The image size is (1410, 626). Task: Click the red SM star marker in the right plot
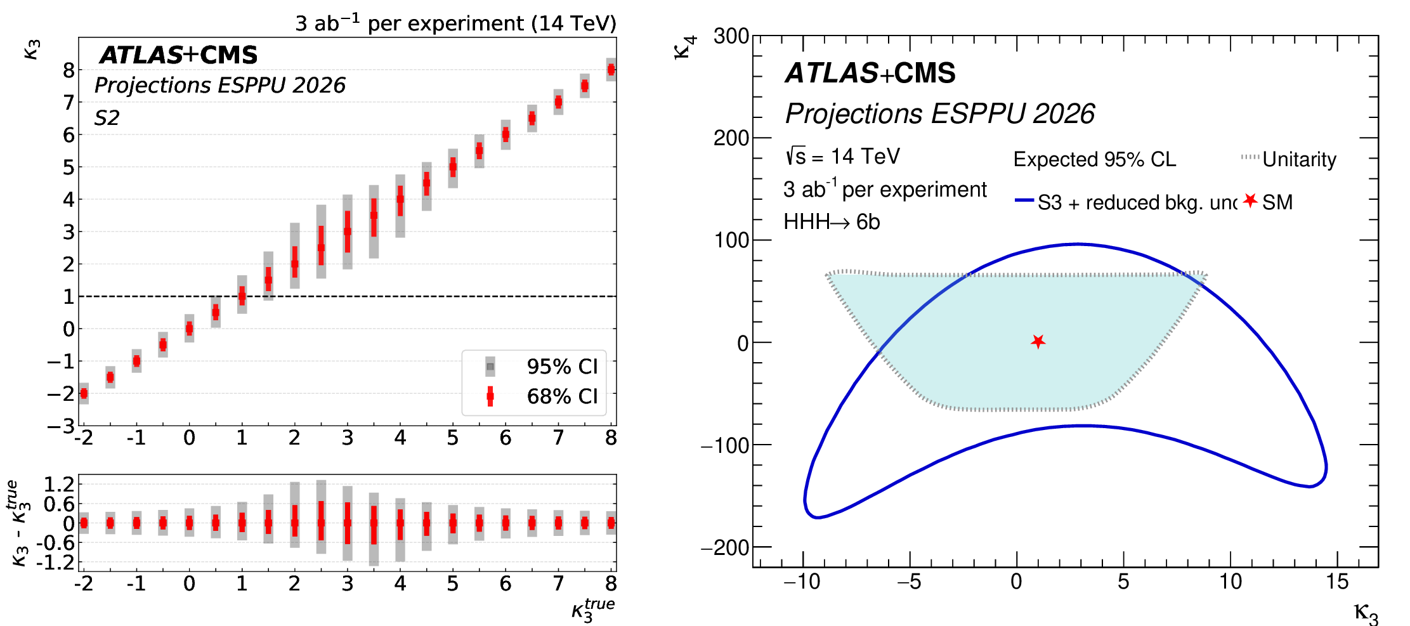(x=1038, y=342)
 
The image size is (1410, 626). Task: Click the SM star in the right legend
(x=1250, y=201)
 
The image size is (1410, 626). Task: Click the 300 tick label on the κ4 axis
(x=731, y=36)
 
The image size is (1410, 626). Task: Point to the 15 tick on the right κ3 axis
(x=1336, y=582)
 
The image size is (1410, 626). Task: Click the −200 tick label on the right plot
(x=726, y=547)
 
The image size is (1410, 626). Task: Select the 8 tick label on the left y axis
(x=69, y=70)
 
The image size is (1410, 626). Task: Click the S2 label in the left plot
(x=107, y=118)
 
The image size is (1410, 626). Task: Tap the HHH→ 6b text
(x=832, y=222)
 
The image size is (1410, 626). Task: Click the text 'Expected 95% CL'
(x=1094, y=159)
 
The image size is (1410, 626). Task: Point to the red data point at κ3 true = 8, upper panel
(x=611, y=70)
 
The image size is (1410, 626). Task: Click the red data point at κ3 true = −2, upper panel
(x=84, y=393)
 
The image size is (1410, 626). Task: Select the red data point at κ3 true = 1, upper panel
(x=242, y=296)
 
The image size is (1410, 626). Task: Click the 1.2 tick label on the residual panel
(x=59, y=485)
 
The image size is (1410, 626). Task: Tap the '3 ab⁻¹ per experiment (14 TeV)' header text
(x=455, y=23)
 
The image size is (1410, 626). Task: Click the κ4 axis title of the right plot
(x=685, y=47)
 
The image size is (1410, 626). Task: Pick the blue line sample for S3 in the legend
(x=1024, y=200)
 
